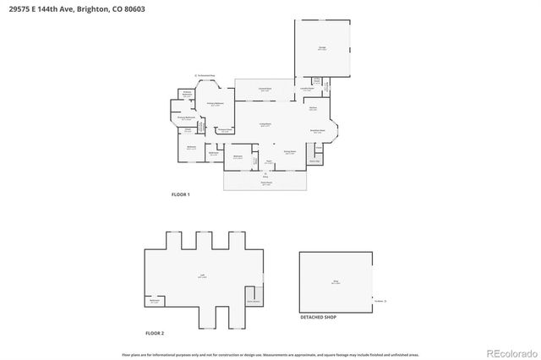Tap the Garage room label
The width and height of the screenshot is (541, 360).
[x=322, y=49]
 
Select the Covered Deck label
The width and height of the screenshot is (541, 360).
[x=265, y=89]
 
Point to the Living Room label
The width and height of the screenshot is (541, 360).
[x=265, y=124]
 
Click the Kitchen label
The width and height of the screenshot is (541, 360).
[x=312, y=107]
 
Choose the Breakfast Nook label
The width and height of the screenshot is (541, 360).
[x=319, y=132]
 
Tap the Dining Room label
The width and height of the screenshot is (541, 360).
[x=289, y=153]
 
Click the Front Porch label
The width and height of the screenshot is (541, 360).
[x=265, y=182]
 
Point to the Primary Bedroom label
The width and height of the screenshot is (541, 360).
[x=216, y=103]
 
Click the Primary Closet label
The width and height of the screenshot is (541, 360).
[x=224, y=130]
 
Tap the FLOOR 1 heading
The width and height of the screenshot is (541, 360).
[x=180, y=194]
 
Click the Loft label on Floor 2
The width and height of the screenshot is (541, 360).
[x=203, y=275]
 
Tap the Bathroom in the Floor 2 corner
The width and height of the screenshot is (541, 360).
[x=155, y=301]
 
